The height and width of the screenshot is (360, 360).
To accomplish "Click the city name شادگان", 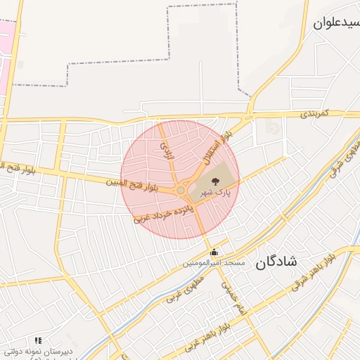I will coord(276,262).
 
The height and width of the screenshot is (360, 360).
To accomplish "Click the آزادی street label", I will coord(167,148).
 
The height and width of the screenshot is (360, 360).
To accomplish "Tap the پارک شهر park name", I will coord(213,191).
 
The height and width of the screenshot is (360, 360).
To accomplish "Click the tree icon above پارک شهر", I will coord(214,181).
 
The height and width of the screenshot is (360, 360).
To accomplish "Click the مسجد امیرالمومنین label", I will coord(214,263).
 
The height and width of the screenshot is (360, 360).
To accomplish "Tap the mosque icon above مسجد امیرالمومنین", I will coord(214,252).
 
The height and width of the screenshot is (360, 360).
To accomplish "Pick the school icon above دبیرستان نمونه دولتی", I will coord(38,340).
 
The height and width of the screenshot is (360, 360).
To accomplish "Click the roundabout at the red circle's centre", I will coord(181,190).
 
